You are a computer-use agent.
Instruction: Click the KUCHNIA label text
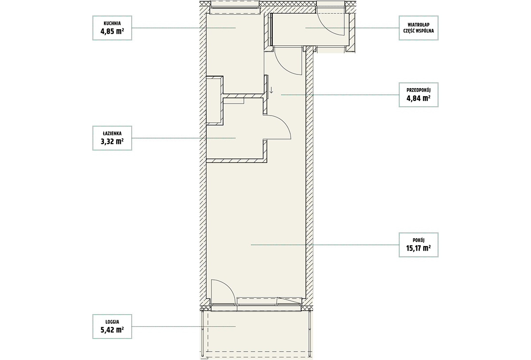112,23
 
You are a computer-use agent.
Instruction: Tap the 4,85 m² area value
112,31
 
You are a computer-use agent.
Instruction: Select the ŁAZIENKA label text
112,134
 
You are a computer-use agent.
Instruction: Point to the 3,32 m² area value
112,142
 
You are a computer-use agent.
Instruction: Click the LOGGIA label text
112,322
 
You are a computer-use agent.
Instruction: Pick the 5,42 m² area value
112,330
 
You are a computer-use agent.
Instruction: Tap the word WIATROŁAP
419,25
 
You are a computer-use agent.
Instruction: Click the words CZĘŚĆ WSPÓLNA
419,31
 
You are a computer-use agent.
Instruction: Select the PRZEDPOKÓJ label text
419,90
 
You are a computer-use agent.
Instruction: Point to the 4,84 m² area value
419,98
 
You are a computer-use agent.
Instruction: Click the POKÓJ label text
419,240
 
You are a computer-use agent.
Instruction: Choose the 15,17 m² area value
419,248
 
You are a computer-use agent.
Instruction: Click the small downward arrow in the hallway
271,89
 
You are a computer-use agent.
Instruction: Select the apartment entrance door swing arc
285,68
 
